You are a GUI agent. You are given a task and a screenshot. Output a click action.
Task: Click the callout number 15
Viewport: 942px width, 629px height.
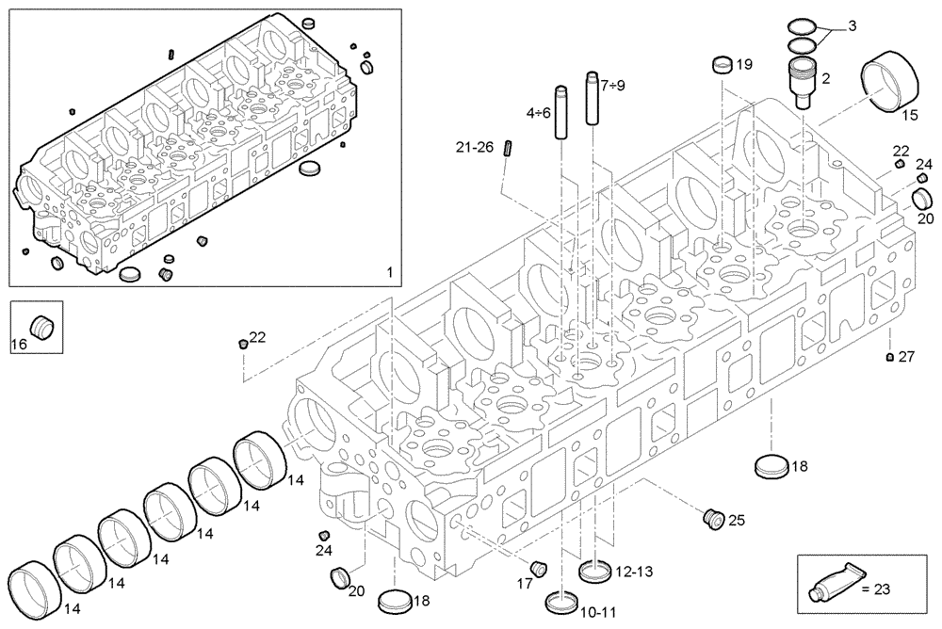(910, 115)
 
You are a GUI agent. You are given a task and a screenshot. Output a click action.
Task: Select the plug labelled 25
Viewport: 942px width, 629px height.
(713, 517)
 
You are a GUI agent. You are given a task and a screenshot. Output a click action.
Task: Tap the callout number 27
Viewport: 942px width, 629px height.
(906, 357)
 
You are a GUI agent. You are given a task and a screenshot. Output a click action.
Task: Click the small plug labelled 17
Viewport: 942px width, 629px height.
(539, 568)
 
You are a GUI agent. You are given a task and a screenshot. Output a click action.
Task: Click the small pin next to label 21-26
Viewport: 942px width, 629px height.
(508, 149)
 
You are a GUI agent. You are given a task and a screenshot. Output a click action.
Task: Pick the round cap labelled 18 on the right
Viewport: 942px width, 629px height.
(770, 465)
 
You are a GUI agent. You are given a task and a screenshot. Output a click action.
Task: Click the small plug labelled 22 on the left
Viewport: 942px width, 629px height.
(241, 342)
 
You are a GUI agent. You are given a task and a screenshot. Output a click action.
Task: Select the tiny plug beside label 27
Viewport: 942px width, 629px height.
(890, 357)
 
